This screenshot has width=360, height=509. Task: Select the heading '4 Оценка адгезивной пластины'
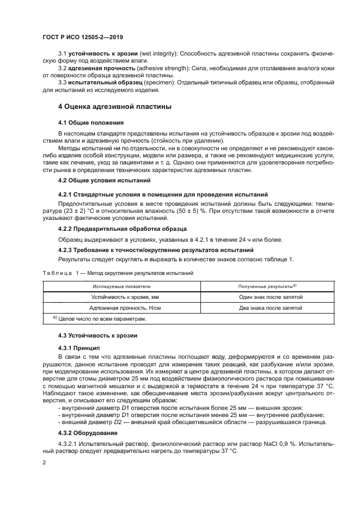coord(115,106)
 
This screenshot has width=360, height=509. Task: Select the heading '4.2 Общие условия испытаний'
coord(101,180)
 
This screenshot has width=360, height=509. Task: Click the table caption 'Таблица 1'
coord(58,273)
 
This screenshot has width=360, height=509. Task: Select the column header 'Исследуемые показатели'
coord(121,286)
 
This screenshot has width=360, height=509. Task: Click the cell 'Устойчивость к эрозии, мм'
coord(121,297)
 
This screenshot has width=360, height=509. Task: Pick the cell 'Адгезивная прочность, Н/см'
coord(121,308)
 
